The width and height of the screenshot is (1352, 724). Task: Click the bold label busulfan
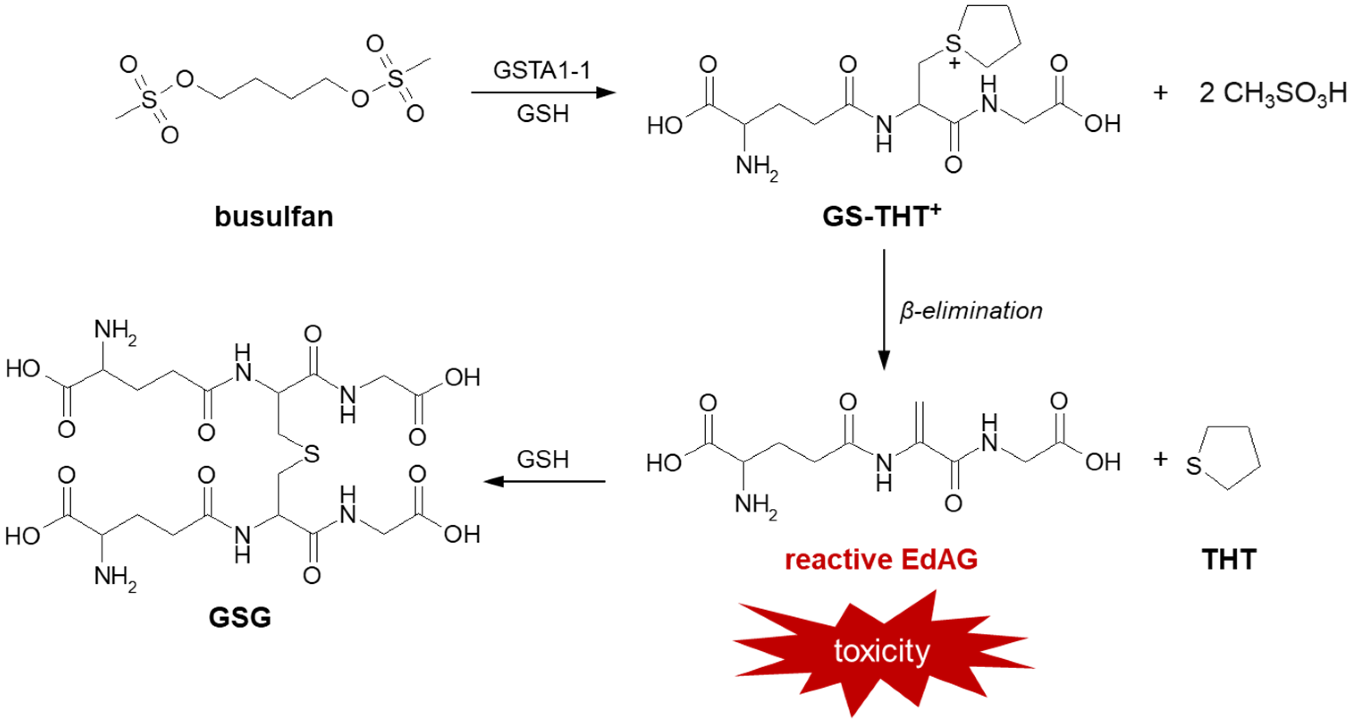[x=274, y=216]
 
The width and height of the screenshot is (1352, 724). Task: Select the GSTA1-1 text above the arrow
[x=542, y=70]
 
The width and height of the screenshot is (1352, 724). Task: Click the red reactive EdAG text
[x=881, y=559]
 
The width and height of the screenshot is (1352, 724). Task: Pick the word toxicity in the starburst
[x=882, y=651]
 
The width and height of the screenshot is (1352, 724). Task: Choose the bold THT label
[x=1229, y=559]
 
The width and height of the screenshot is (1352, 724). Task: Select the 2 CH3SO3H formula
[x=1273, y=93]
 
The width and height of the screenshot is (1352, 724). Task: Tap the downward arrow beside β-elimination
[x=884, y=310]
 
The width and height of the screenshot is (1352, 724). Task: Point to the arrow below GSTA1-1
[x=543, y=93]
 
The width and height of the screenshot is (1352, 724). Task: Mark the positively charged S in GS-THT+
[x=953, y=44]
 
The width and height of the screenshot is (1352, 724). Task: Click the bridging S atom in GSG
[x=312, y=454]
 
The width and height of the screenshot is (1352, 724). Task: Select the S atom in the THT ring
[x=1193, y=465]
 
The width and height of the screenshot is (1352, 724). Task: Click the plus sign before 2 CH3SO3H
[x=1160, y=93]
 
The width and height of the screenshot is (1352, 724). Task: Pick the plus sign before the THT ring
[x=1160, y=459]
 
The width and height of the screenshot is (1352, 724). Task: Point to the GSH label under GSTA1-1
[x=543, y=114]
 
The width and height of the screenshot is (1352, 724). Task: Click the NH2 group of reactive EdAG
[x=756, y=506]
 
